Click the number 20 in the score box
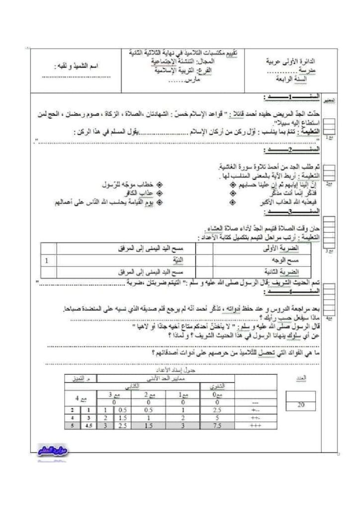coord(300,405)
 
